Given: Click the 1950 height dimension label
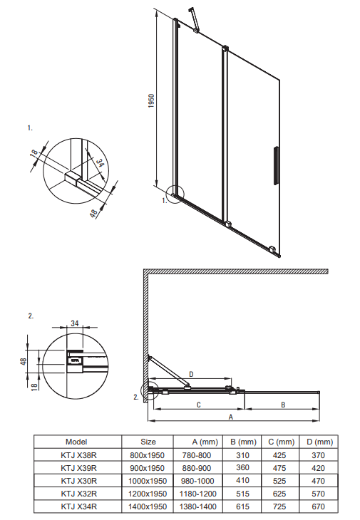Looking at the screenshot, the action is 151,101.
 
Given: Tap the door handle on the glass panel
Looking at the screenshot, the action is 276,165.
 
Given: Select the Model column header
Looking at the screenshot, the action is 76,442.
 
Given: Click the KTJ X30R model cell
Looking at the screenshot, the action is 79,481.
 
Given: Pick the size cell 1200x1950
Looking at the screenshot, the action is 148,494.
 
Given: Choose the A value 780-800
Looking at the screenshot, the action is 197,455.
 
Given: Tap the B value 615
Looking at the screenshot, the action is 242,506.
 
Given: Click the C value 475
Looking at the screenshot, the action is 279,468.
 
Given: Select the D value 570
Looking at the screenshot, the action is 318,494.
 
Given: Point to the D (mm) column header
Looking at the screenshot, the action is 319,442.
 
